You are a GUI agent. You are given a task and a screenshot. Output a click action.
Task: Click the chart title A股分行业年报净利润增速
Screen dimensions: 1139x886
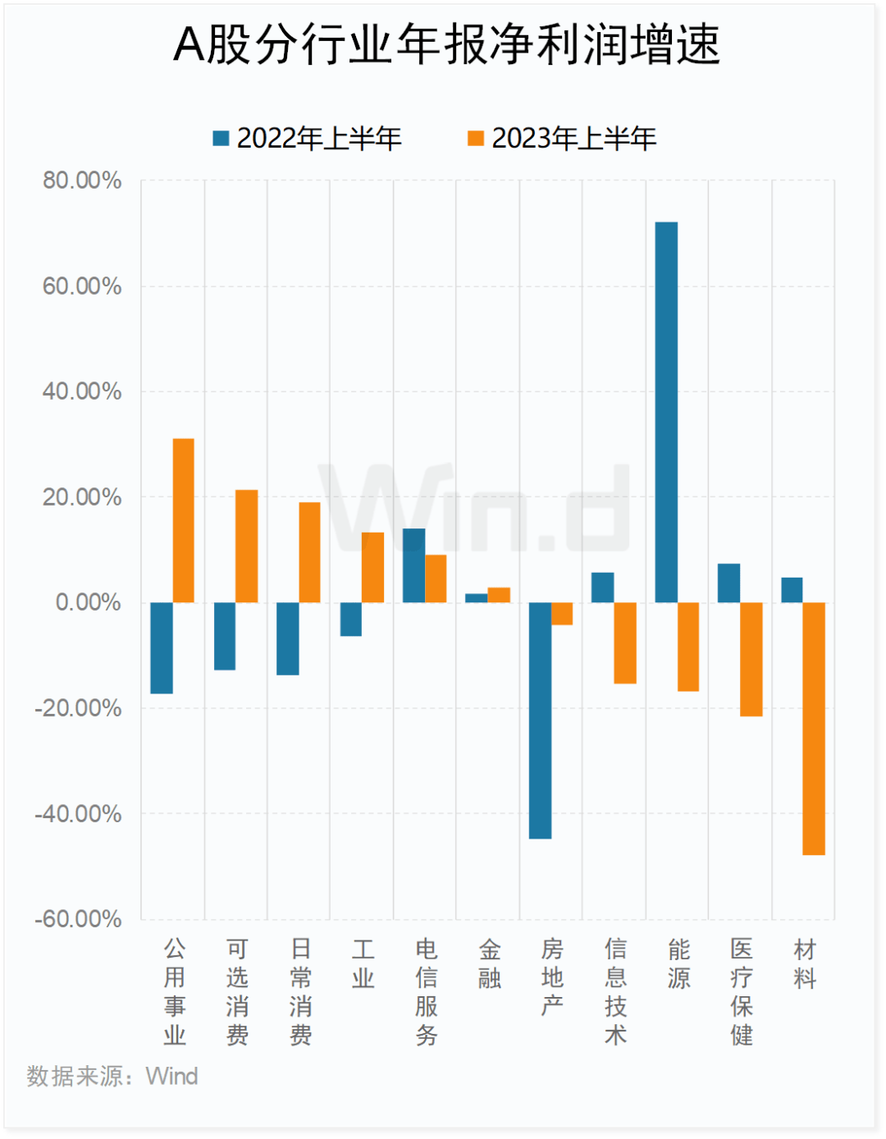[447, 45]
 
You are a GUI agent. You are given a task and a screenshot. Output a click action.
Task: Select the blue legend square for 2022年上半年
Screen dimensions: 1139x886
[221, 138]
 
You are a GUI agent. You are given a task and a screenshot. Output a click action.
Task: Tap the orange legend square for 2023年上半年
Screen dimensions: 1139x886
[476, 138]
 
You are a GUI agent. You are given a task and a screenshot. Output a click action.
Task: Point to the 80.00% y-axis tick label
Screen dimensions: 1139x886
[82, 181]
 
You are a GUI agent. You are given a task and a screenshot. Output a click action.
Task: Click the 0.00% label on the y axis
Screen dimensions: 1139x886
[89, 602]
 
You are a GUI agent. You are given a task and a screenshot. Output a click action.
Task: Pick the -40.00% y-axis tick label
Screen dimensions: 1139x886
[79, 814]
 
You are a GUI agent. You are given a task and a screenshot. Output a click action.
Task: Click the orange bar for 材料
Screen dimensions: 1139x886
[814, 729]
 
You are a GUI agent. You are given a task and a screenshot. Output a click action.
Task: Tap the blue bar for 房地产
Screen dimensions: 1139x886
[540, 720]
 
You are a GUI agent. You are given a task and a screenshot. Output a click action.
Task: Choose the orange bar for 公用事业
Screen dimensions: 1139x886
[184, 520]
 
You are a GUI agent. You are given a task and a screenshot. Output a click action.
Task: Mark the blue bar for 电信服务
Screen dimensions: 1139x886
[413, 565]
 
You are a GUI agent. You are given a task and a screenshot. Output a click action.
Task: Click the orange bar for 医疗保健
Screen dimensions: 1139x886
[751, 660]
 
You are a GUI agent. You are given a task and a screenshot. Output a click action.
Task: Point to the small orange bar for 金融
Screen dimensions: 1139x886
[499, 595]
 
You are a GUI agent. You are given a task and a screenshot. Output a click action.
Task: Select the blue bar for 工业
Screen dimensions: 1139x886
[351, 620]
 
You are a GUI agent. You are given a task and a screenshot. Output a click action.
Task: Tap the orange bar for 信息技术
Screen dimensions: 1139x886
[625, 643]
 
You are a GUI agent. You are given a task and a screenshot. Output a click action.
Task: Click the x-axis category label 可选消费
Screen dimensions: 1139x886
[237, 992]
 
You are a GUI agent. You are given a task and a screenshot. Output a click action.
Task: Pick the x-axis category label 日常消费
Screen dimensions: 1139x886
[300, 992]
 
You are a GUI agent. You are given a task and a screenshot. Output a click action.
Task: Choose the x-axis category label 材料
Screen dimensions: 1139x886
[805, 964]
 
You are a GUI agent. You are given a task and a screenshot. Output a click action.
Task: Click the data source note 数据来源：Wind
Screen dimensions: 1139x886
[112, 1076]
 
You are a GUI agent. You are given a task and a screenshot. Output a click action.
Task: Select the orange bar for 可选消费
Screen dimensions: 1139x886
[247, 547]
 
